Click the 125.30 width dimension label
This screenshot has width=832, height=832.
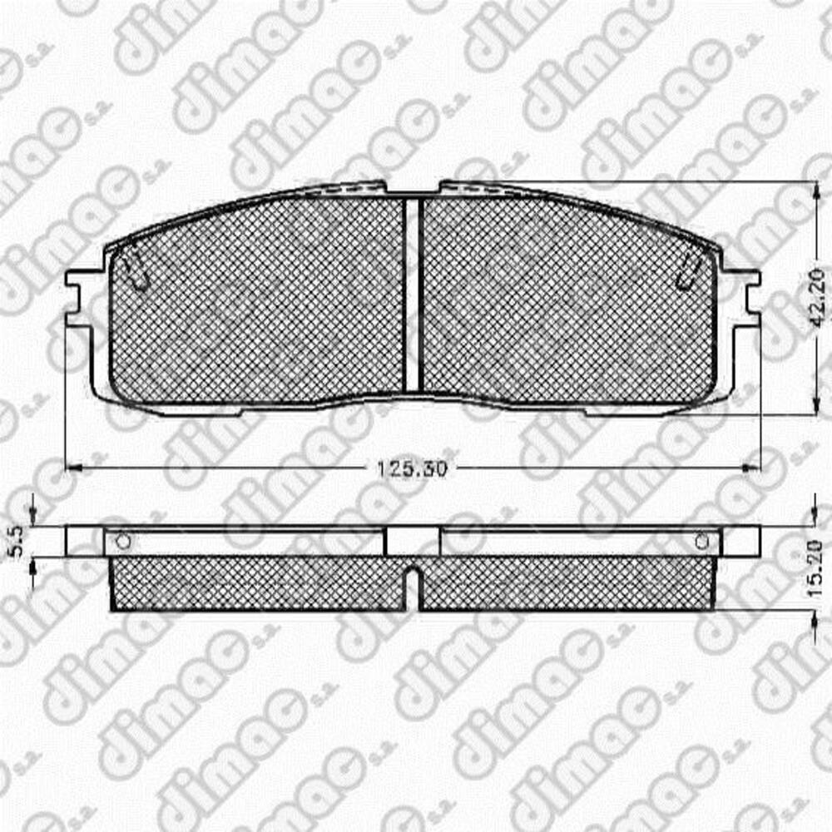click(x=413, y=468)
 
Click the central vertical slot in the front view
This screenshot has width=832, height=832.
click(x=412, y=295)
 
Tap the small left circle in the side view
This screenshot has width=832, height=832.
click(x=123, y=542)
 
